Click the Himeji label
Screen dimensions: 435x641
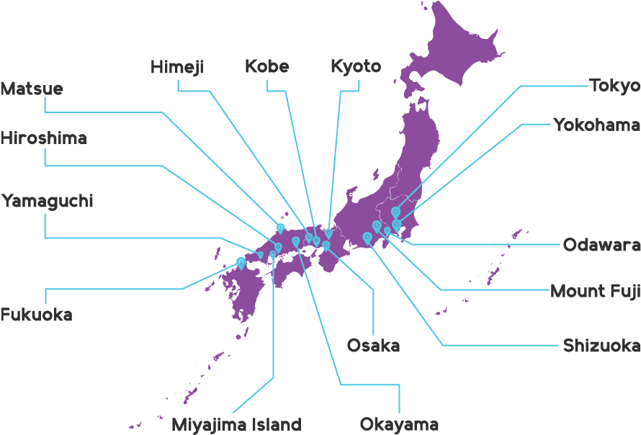tap(177, 67)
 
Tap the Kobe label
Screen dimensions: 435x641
tap(266, 67)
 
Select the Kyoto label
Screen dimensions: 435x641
tap(355, 67)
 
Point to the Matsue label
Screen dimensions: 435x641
tap(32, 89)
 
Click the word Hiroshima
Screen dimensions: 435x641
tap(43, 138)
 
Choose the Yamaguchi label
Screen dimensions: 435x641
tap(47, 201)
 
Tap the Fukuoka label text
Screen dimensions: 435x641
tap(36, 315)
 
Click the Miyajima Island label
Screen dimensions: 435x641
tap(236, 424)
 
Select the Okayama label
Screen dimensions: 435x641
tap(399, 424)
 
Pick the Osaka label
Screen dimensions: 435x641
tap(373, 346)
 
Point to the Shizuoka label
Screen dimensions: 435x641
tap(601, 346)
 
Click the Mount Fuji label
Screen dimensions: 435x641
tap(595, 291)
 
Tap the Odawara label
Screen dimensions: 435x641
tap(601, 245)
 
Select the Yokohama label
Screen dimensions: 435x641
tap(596, 125)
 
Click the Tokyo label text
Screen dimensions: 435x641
tap(614, 86)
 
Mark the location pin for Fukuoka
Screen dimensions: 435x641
tap(241, 264)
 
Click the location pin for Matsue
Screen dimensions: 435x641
tap(280, 228)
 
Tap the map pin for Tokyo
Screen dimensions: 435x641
tap(395, 212)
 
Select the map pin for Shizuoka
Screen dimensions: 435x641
tap(367, 237)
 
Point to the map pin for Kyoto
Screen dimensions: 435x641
tap(328, 233)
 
